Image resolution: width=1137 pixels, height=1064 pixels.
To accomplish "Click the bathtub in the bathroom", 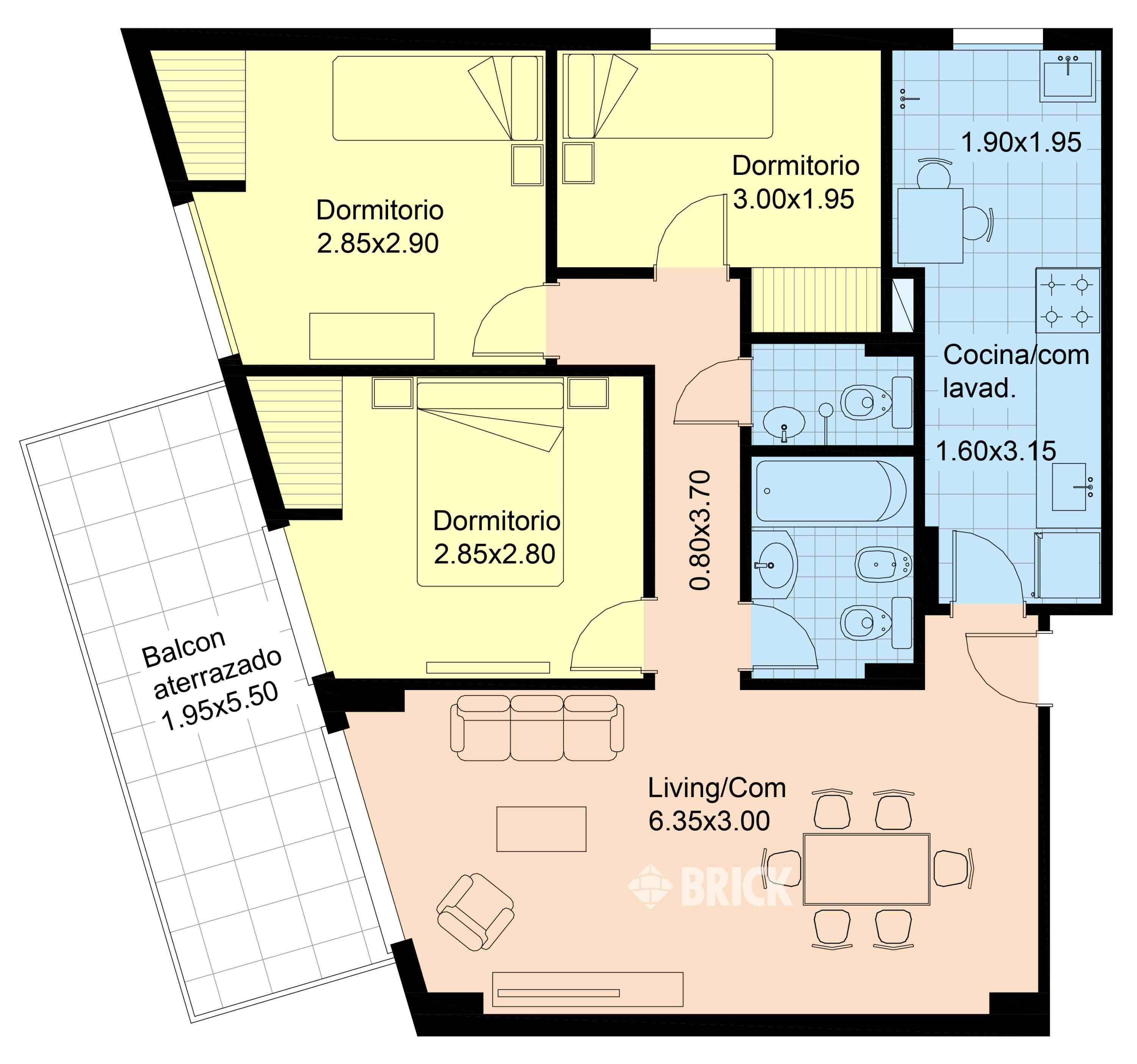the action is click(x=831, y=491).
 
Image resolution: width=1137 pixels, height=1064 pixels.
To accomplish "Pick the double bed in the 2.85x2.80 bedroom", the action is click(x=490, y=481).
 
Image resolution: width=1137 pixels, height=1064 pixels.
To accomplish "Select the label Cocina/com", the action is click(x=1016, y=355).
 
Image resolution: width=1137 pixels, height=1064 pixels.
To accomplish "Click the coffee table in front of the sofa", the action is click(x=541, y=829).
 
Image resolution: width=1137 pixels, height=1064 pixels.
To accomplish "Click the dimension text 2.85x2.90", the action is click(x=377, y=244).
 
